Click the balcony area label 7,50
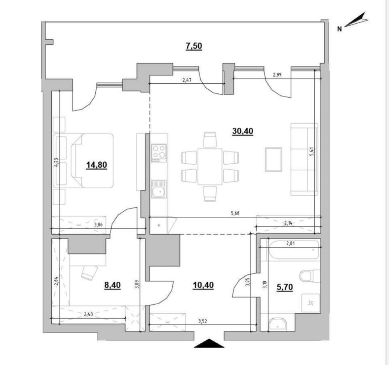pyautogui.click(x=194, y=46)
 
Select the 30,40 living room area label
pyautogui.click(x=243, y=131)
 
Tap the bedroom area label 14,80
pyautogui.click(x=96, y=165)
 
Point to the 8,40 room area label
pyautogui.click(x=112, y=285)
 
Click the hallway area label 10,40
pyautogui.click(x=203, y=285)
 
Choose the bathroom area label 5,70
pyautogui.click(x=285, y=287)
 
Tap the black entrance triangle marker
pyautogui.click(x=209, y=343)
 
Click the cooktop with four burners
pyautogui.click(x=159, y=153)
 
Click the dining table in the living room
pyautogui.click(x=210, y=167)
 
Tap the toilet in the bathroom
pyautogui.click(x=310, y=276)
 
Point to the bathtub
pyautogui.click(x=294, y=250)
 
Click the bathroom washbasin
pyautogui.click(x=277, y=324)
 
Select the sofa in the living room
pyautogui.click(x=304, y=160)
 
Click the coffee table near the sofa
pyautogui.click(x=273, y=159)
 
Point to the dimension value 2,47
pyautogui.click(x=187, y=80)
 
